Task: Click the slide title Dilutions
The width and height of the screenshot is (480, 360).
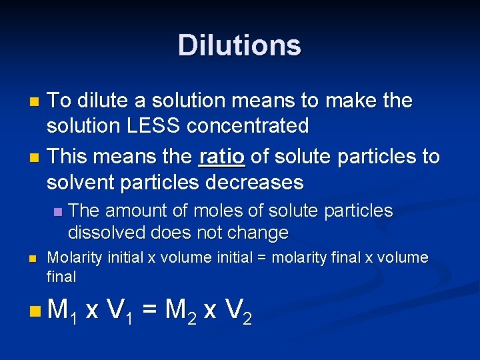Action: (239, 45)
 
